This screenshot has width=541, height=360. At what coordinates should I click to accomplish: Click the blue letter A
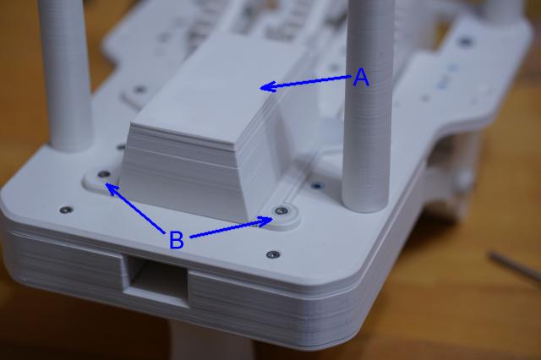361,77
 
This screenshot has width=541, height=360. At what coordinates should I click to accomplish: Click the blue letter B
177,240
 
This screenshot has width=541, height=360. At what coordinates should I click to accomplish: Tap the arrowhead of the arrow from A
268,86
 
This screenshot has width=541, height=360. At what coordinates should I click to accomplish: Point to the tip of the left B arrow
106,183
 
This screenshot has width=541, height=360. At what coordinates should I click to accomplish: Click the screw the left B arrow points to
103,174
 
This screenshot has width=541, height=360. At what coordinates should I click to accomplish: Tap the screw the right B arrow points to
281,210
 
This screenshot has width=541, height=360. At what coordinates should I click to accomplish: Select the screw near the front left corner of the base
66,210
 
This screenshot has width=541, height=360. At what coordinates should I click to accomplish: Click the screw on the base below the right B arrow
273,254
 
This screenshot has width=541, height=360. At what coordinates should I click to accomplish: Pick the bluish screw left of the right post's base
317,186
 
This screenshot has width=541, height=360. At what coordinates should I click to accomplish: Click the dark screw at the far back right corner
466,41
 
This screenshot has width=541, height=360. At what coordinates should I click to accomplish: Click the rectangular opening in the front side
156,280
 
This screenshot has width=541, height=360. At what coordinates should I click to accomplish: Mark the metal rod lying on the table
515,266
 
